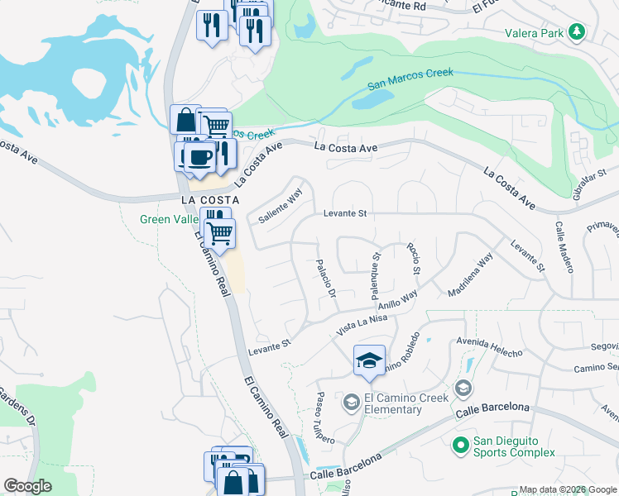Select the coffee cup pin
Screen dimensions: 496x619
coord(199,155)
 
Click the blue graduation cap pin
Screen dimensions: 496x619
coord(369,360)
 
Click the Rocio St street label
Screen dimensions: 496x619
coord(413,259)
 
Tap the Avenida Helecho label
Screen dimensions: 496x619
coord(489,347)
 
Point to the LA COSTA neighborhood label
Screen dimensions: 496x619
coord(210,201)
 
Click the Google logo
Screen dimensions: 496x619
coord(28,486)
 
